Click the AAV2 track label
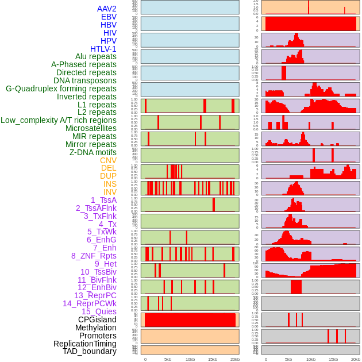click(106, 9)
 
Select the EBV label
click(109, 17)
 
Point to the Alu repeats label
click(96, 56)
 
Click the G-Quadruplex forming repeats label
click(61, 88)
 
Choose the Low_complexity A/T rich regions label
click(59, 120)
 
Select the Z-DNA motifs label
click(93, 152)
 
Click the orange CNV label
click(108, 160)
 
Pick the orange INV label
click(110, 192)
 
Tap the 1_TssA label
click(103, 200)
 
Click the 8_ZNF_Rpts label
click(94, 256)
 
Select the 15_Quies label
click(99, 311)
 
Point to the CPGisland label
click(97, 319)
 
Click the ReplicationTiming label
click(84, 344)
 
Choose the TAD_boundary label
click(90, 351)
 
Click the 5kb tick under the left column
click(168, 359)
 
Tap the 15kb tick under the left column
click(213, 359)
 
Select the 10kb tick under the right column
click(311, 359)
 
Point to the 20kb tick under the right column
click(356, 359)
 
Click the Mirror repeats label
click(91, 144)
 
